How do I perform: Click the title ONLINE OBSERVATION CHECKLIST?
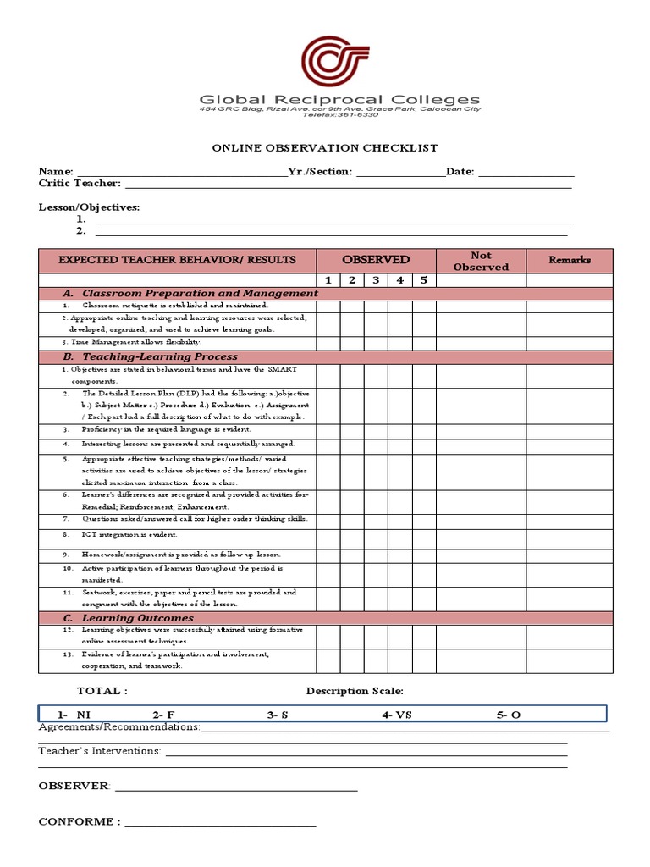324,148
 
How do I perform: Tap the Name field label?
56,172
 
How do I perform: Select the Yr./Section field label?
320,172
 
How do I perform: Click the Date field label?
461,172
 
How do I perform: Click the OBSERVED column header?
376,260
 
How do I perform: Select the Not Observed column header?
481,261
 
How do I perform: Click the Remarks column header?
570,260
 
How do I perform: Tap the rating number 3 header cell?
376,280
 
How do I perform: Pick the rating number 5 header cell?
423,280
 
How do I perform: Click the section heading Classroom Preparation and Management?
199,293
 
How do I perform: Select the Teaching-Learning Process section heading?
159,357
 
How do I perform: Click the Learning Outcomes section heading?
137,618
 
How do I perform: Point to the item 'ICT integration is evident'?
129,535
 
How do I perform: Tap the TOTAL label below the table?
102,691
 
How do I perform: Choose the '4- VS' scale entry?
396,715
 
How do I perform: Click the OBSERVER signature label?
74,786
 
